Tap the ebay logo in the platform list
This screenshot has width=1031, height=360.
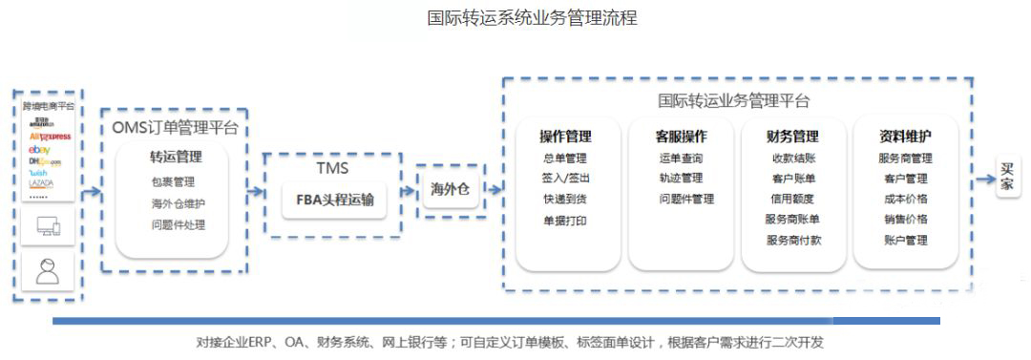tap(39, 151)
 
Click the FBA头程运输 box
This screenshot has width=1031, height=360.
tap(334, 200)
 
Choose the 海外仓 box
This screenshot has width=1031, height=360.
tap(450, 189)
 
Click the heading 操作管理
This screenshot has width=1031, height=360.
tap(565, 136)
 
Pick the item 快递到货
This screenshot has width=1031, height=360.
tap(565, 200)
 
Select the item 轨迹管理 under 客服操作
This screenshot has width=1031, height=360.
tap(680, 179)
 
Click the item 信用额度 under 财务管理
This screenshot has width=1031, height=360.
tap(792, 200)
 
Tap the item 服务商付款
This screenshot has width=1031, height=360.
tap(792, 241)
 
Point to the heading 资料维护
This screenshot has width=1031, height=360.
tap(904, 136)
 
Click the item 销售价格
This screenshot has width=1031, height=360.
tap(904, 220)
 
